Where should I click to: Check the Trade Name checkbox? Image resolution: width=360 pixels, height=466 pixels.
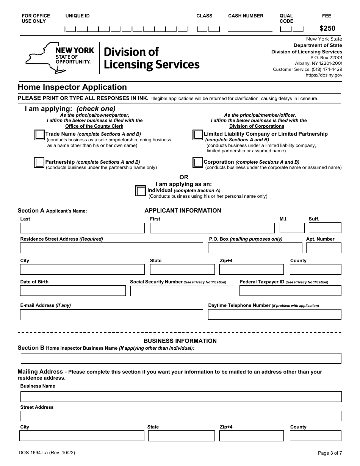(39, 135)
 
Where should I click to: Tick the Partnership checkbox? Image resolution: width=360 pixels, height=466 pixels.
(39, 163)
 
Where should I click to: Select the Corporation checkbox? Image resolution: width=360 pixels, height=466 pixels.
(197, 163)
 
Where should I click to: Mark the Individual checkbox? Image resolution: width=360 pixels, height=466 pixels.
(141, 191)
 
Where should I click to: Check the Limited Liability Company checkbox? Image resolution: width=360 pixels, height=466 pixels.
(197, 135)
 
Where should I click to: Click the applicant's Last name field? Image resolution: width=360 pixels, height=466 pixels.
(82, 228)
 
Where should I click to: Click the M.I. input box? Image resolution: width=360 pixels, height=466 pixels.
(292, 228)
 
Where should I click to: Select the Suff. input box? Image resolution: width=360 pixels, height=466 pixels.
(325, 228)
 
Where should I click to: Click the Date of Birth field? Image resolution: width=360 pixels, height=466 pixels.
(73, 291)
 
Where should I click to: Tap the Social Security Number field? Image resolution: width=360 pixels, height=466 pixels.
(182, 291)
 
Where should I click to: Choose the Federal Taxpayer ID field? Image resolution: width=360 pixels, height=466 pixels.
(290, 291)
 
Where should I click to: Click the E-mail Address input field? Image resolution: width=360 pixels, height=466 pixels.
(111, 315)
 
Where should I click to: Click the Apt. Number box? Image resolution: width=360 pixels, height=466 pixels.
(323, 248)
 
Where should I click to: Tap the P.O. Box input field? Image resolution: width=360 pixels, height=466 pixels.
(255, 248)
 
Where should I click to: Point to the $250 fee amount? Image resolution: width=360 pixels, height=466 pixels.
(327, 28)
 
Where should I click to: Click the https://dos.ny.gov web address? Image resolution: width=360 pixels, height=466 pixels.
(324, 75)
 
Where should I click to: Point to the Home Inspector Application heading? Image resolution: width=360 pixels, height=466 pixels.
(72, 87)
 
